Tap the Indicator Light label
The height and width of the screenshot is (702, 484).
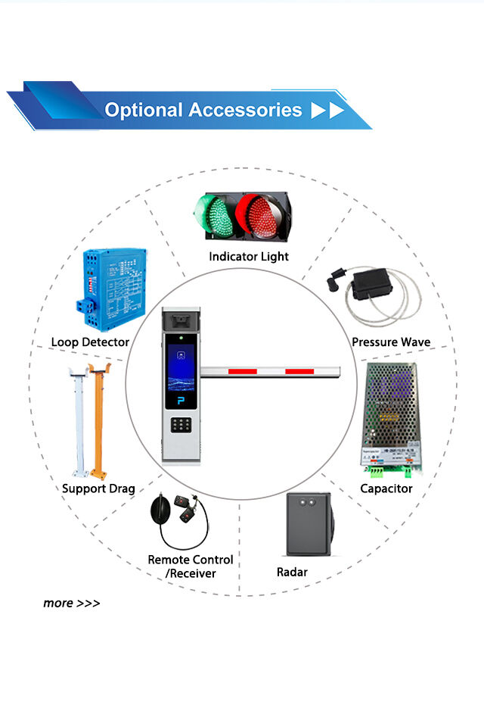point(249,257)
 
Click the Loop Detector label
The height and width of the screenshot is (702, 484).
point(90,342)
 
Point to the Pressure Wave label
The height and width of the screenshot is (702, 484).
point(391,342)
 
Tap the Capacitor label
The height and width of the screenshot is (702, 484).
point(386,488)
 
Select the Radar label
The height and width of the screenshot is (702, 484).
point(292,573)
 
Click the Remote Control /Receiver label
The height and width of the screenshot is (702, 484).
point(190,566)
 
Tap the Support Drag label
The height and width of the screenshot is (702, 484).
point(98,488)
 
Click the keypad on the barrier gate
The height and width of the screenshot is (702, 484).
point(181,426)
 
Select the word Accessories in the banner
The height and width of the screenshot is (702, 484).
point(245,110)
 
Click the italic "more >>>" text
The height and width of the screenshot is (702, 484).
point(71,604)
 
